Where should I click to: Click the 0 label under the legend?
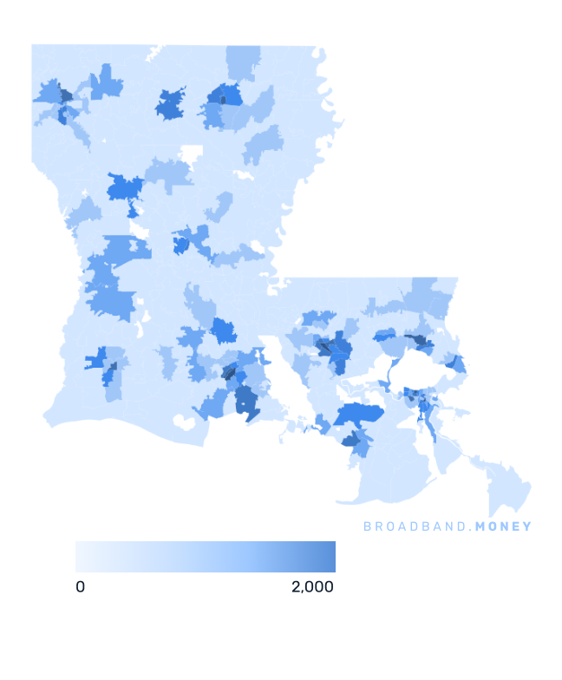(x=80, y=587)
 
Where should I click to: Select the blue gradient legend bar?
(x=205, y=557)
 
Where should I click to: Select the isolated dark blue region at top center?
(x=171, y=103)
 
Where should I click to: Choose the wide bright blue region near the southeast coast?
(x=357, y=415)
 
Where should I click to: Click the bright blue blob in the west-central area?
(x=125, y=187)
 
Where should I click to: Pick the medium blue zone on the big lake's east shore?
(x=454, y=364)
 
